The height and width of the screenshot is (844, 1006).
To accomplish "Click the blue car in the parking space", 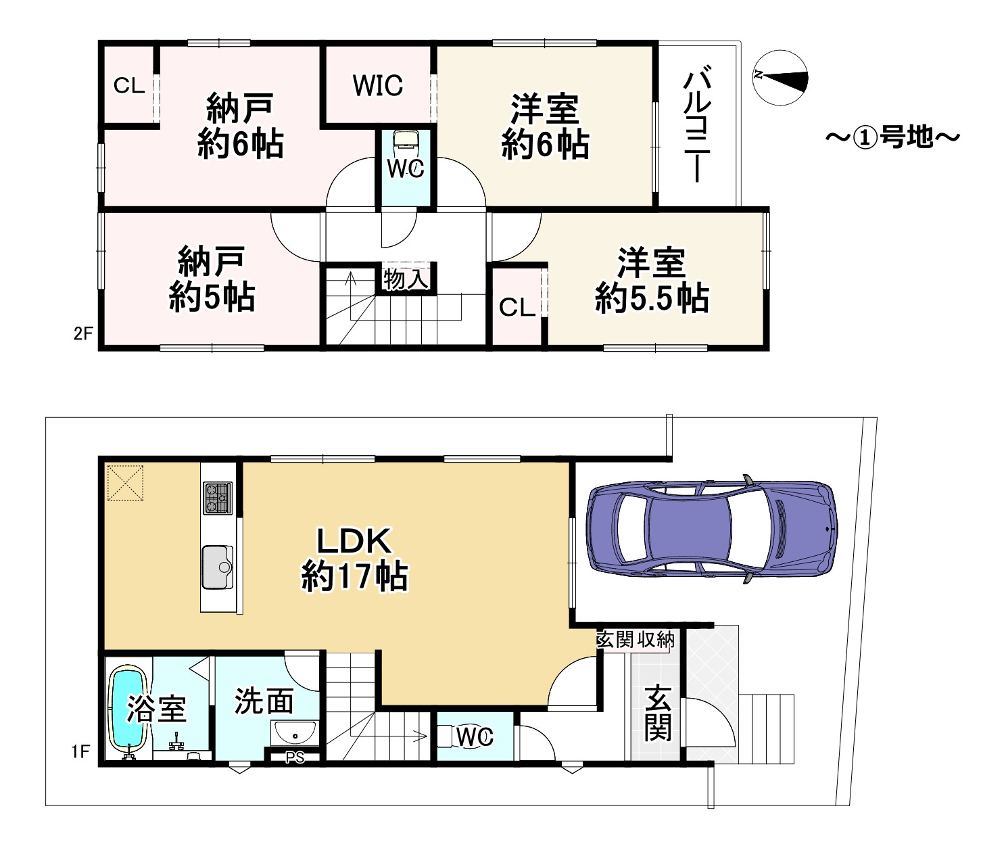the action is (x=712, y=529).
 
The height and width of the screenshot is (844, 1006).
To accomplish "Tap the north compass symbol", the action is (x=780, y=78).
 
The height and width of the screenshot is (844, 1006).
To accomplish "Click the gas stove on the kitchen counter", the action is (x=218, y=498).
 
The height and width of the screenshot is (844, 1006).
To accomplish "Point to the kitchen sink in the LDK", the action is (x=218, y=567).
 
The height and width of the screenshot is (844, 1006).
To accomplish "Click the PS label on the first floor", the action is (x=295, y=758).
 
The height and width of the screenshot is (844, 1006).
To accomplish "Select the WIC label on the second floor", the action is (x=378, y=85).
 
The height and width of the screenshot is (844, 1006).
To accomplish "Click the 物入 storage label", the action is (x=406, y=279).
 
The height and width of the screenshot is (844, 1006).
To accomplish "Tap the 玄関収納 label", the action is (x=636, y=640).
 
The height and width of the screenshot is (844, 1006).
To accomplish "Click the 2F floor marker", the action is (x=83, y=333).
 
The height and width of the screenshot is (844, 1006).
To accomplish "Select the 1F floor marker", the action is (x=81, y=751).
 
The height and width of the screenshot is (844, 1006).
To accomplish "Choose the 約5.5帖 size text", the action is (x=651, y=298).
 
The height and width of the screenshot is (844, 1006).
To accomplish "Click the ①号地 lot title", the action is (x=893, y=137).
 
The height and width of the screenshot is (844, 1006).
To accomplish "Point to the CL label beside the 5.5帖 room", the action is (x=517, y=307).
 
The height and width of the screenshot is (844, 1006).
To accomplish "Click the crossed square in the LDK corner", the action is (x=125, y=483).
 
